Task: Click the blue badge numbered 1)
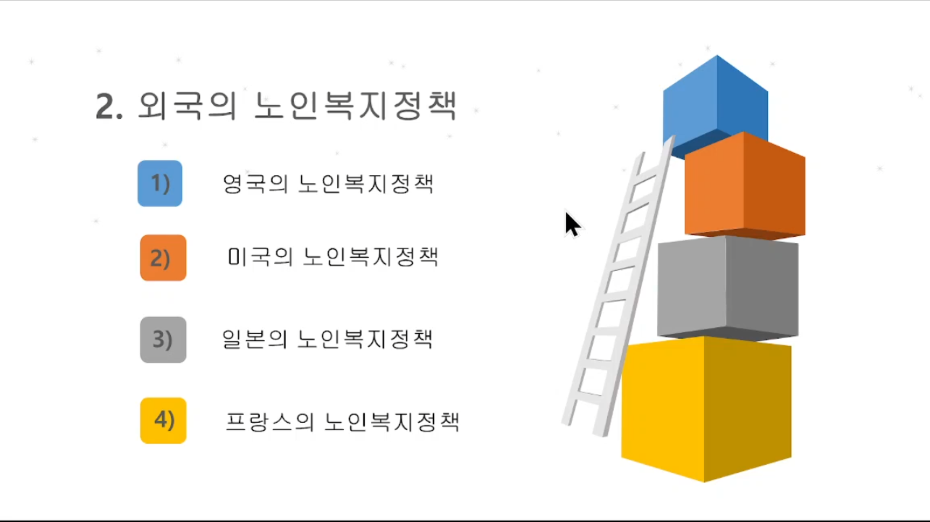pyautogui.click(x=160, y=183)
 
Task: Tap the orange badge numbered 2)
pyautogui.click(x=163, y=258)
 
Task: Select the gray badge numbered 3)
pyautogui.click(x=163, y=340)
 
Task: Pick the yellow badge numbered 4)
pyautogui.click(x=163, y=420)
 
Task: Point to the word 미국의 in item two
pyautogui.click(x=261, y=257)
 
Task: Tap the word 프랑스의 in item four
pyautogui.click(x=269, y=422)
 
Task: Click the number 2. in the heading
pyautogui.click(x=109, y=107)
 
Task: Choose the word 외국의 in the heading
pyautogui.click(x=187, y=106)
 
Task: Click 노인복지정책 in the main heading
pyautogui.click(x=355, y=106)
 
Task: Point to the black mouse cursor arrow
pyautogui.click(x=572, y=224)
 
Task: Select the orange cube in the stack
pyautogui.click(x=745, y=185)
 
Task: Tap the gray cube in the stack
pyautogui.click(x=728, y=288)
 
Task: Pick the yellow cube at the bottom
pyautogui.click(x=706, y=409)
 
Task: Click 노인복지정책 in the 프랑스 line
pyautogui.click(x=392, y=422)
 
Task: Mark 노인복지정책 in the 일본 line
pyautogui.click(x=365, y=339)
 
